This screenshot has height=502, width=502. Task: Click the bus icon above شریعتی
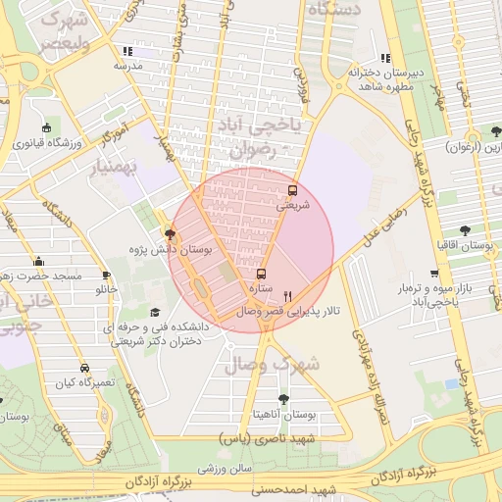point(292,190)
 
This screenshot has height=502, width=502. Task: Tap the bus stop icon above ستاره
point(261,275)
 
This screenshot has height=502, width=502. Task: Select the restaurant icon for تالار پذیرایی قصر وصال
point(287,295)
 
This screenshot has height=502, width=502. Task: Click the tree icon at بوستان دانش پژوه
point(172,234)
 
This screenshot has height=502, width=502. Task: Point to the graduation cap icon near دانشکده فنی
point(152,313)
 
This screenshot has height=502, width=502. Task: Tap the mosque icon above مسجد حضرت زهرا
point(38,262)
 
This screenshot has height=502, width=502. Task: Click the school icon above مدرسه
point(127,51)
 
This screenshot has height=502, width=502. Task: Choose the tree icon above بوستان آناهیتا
point(283,399)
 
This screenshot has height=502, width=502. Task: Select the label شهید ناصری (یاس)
point(280,438)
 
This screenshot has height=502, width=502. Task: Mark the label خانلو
point(105,290)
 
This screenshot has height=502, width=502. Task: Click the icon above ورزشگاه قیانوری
point(46,127)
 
